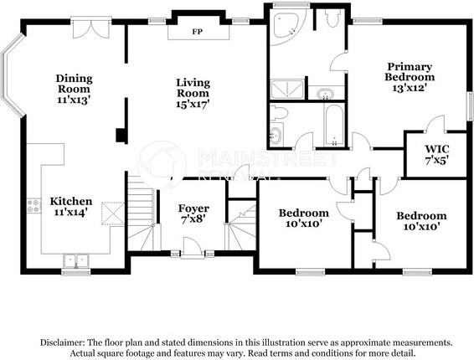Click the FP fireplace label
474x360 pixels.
pyautogui.click(x=197, y=32)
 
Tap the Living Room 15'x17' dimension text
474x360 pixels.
pyautogui.click(x=193, y=104)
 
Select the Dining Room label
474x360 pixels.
pyautogui.click(x=74, y=84)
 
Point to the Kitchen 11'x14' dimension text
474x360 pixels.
pyautogui.click(x=71, y=212)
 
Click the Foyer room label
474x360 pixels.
pyautogui.click(x=193, y=208)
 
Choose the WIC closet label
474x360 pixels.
pyautogui.click(x=437, y=149)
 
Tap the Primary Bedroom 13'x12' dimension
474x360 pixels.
pyautogui.click(x=410, y=88)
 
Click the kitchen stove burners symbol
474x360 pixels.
pyautogui.click(x=33, y=206)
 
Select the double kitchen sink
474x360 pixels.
pyautogui.click(x=75, y=260)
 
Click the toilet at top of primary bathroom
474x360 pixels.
pyautogui.click(x=332, y=18)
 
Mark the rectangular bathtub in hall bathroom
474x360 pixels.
pyautogui.click(x=334, y=125)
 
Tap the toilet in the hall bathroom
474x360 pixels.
pyautogui.click(x=278, y=112)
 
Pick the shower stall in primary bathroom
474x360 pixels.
pyautogui.click(x=287, y=90)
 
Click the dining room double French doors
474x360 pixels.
pyautogui.click(x=91, y=28)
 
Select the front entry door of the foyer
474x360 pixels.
pyautogui.click(x=193, y=248)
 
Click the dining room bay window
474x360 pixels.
pyautogui.click(x=12, y=75)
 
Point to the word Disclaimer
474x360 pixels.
pyautogui.click(x=62, y=342)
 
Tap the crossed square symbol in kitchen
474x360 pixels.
pyautogui.click(x=113, y=213)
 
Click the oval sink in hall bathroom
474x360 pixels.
pyautogui.click(x=276, y=135)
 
